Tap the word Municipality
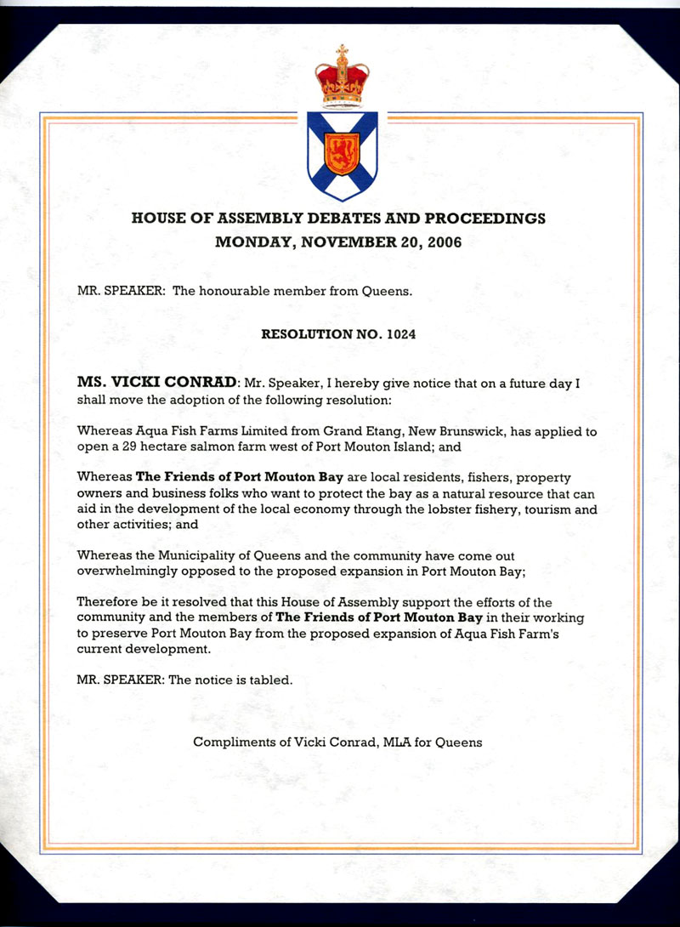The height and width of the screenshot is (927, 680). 193,554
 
